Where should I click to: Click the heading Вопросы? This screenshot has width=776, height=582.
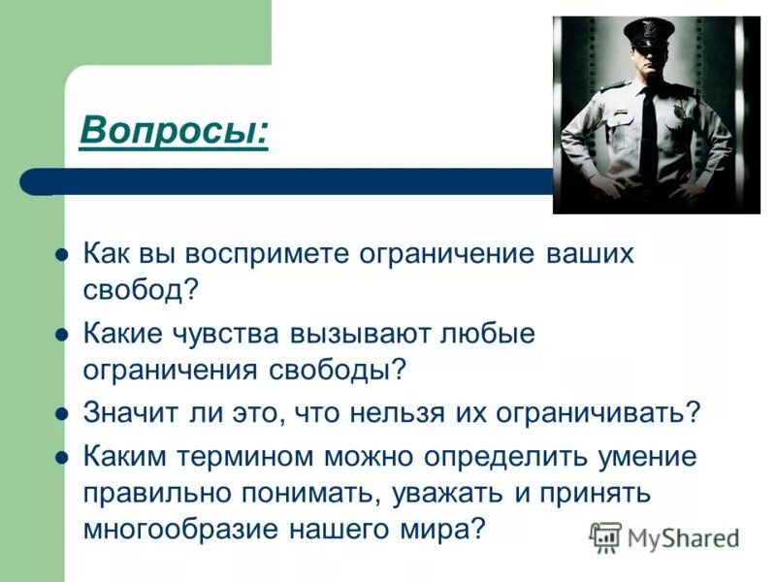174,128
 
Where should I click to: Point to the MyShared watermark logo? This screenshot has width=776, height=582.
664,536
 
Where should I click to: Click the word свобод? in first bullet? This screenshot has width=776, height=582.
141,289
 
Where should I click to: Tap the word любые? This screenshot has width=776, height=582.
487,334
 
